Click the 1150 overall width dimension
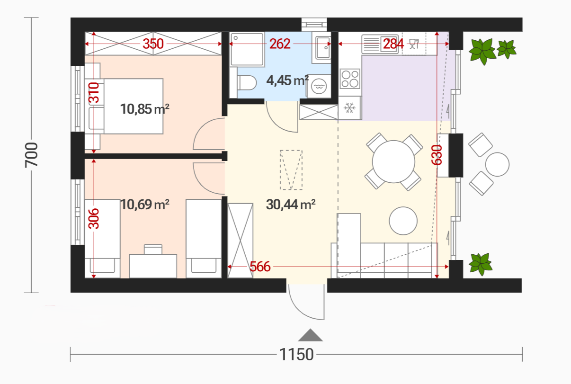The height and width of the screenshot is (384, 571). tap(296, 354)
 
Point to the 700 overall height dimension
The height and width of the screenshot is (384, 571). tap(31, 155)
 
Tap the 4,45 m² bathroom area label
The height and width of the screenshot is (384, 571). tap(287, 80)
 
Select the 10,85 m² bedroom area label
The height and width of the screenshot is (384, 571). tap(144, 109)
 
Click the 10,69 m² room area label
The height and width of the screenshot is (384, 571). tap(144, 205)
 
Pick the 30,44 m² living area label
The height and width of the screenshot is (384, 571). tap(291, 205)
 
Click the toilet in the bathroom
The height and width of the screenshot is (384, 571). tap(246, 82)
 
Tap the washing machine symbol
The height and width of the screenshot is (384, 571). tap(318, 86)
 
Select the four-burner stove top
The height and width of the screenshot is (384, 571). tap(350, 79)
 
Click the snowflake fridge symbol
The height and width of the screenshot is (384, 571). tap(349, 108)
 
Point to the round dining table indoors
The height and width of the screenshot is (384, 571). tap(393, 161)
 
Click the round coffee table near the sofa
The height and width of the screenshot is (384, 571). tap(403, 221)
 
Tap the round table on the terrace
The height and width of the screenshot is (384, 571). tap(497, 164)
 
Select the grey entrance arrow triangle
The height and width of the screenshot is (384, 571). tap(310, 335)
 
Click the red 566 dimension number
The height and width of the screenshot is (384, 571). tap(260, 267)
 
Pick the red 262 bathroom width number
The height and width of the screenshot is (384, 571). tap(280, 44)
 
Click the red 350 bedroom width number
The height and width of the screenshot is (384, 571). tap(153, 44)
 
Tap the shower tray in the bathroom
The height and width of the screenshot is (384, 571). tap(247, 49)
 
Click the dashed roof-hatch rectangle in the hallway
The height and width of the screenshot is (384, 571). tap(291, 170)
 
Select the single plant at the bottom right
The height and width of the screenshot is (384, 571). tap(481, 264)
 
